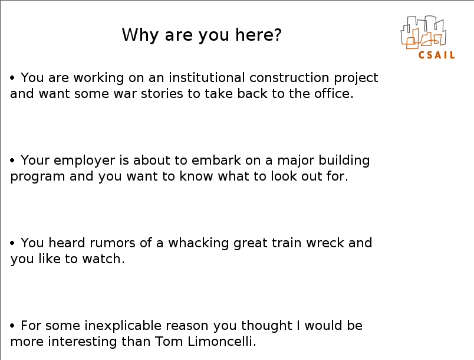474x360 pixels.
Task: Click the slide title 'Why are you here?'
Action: (x=202, y=35)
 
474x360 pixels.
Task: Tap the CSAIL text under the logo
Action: (x=436, y=55)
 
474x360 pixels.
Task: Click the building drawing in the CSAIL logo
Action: (x=423, y=32)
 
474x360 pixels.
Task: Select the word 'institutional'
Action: (x=207, y=77)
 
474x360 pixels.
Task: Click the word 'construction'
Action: (x=289, y=78)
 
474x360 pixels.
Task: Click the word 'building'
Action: (x=344, y=161)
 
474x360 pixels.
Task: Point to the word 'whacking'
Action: (x=198, y=244)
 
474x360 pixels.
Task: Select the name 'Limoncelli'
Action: (x=220, y=342)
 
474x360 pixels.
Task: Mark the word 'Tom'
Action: (x=169, y=342)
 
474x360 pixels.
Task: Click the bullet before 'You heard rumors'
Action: (x=12, y=243)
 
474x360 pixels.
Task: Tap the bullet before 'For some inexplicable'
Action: (x=12, y=326)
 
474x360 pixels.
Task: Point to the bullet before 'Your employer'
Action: (x=12, y=160)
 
